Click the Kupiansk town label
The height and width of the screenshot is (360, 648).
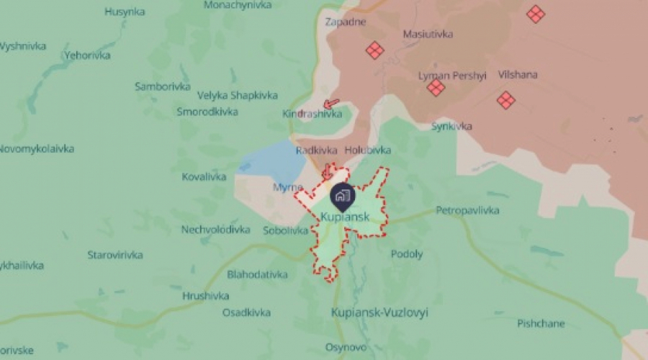click(345, 216)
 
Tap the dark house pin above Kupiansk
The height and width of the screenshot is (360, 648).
click(341, 194)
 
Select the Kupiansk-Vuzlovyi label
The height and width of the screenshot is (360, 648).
click(379, 312)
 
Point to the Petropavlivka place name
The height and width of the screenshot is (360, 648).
click(467, 211)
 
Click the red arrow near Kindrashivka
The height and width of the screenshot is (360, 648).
click(332, 104)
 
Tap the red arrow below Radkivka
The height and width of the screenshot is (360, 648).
click(326, 171)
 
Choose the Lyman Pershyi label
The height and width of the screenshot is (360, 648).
click(442, 75)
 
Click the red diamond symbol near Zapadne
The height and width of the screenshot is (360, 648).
click(374, 50)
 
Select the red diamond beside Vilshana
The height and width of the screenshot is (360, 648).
click(506, 100)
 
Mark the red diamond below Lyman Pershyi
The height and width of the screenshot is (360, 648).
click(436, 88)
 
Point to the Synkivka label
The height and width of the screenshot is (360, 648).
click(451, 126)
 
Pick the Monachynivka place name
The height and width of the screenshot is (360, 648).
click(238, 5)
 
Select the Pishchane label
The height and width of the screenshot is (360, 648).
click(541, 323)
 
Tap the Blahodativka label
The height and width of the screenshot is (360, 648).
click(257, 274)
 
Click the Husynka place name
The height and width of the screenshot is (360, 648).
click(125, 12)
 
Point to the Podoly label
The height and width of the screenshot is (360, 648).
click(407, 254)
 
